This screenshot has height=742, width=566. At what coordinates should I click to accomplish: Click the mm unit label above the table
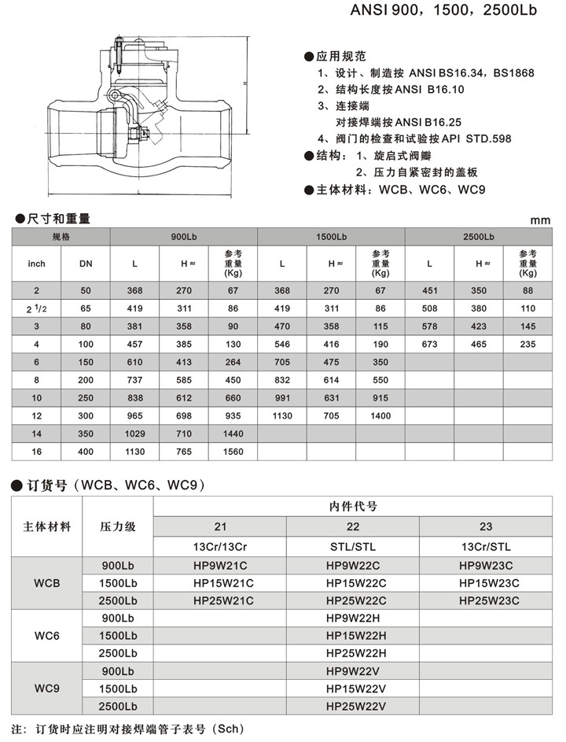540,220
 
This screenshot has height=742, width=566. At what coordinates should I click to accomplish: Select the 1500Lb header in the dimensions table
331,237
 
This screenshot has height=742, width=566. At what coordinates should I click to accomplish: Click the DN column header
86,264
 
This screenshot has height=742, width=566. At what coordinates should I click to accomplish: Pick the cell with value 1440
232,434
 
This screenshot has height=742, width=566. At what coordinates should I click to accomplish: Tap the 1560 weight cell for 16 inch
232,452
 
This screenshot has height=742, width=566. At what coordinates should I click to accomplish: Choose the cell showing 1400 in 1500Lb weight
380,415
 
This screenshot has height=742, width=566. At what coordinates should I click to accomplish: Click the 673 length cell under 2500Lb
429,344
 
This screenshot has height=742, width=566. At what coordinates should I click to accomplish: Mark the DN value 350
86,434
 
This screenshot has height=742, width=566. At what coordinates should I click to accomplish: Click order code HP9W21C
219,566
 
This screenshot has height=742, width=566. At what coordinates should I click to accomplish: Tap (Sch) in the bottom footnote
233,729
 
